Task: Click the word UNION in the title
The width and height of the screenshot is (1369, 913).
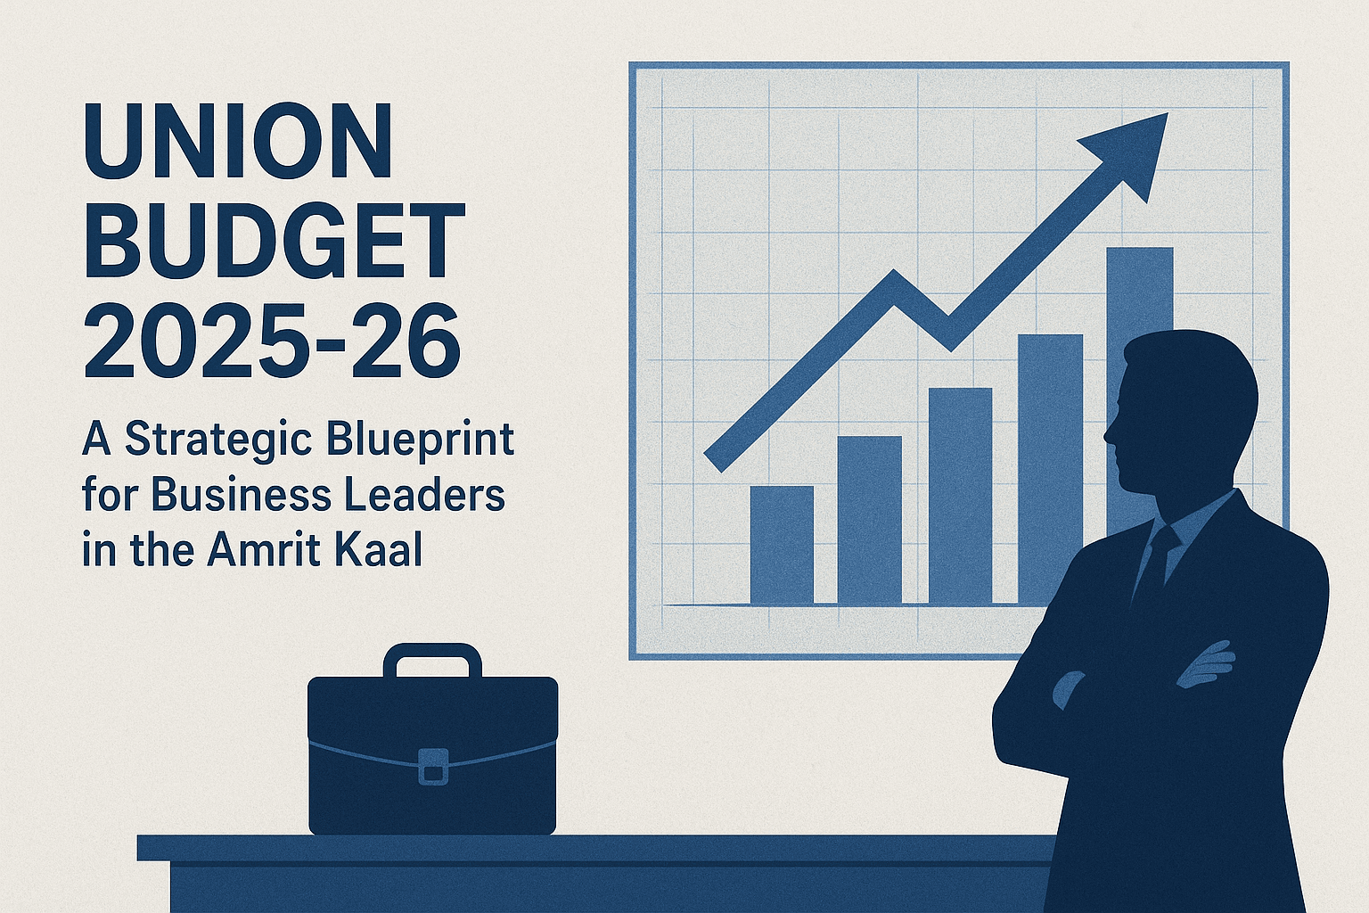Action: pos(238,141)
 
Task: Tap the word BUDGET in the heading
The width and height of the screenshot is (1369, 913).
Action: pos(275,242)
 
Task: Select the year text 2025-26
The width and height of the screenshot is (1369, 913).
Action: pos(272,341)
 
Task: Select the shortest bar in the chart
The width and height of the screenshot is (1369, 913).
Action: pos(782,545)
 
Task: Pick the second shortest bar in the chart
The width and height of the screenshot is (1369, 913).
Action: pos(869,520)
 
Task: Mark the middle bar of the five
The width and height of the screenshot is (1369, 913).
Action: pos(960,496)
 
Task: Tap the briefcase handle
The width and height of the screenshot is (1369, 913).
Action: pos(432,658)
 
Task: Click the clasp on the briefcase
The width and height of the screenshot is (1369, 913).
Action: pos(433,766)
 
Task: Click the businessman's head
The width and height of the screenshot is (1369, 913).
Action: pos(1181,410)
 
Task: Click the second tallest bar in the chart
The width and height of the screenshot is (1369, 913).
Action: pos(1050,464)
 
